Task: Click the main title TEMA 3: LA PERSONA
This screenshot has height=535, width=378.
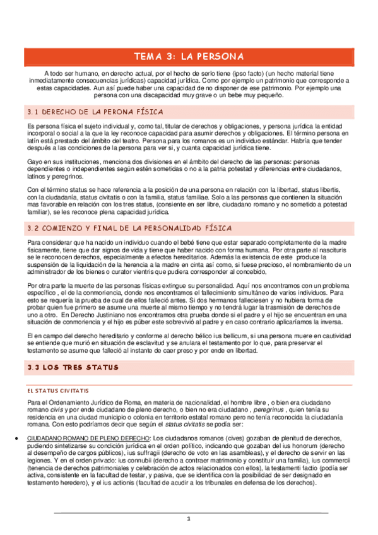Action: click(x=189, y=56)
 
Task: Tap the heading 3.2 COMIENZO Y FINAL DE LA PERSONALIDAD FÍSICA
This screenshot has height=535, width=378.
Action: click(x=129, y=228)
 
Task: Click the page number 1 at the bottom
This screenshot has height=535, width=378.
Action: click(x=188, y=519)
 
